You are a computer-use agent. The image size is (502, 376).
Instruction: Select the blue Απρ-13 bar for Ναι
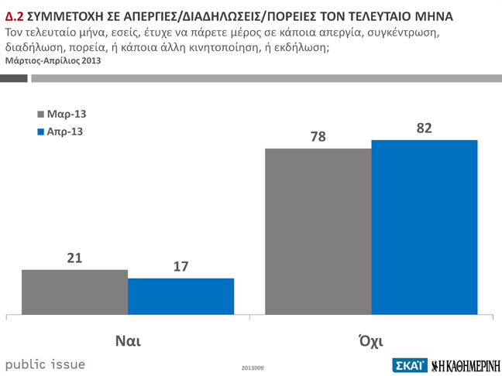(x=181, y=296)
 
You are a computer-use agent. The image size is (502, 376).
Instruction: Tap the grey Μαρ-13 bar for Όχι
(x=318, y=231)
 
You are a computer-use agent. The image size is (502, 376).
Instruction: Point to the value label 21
(x=74, y=258)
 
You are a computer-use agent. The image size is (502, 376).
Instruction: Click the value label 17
(x=181, y=267)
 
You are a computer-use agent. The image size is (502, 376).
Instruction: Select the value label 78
(x=318, y=137)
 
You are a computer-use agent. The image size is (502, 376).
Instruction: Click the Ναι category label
(x=127, y=340)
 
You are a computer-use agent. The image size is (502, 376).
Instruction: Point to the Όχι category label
(x=371, y=340)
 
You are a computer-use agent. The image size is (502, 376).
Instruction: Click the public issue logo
(x=45, y=364)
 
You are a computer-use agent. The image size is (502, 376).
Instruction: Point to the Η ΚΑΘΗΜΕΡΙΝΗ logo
(x=465, y=364)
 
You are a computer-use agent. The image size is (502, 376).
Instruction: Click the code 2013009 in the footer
(x=253, y=367)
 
